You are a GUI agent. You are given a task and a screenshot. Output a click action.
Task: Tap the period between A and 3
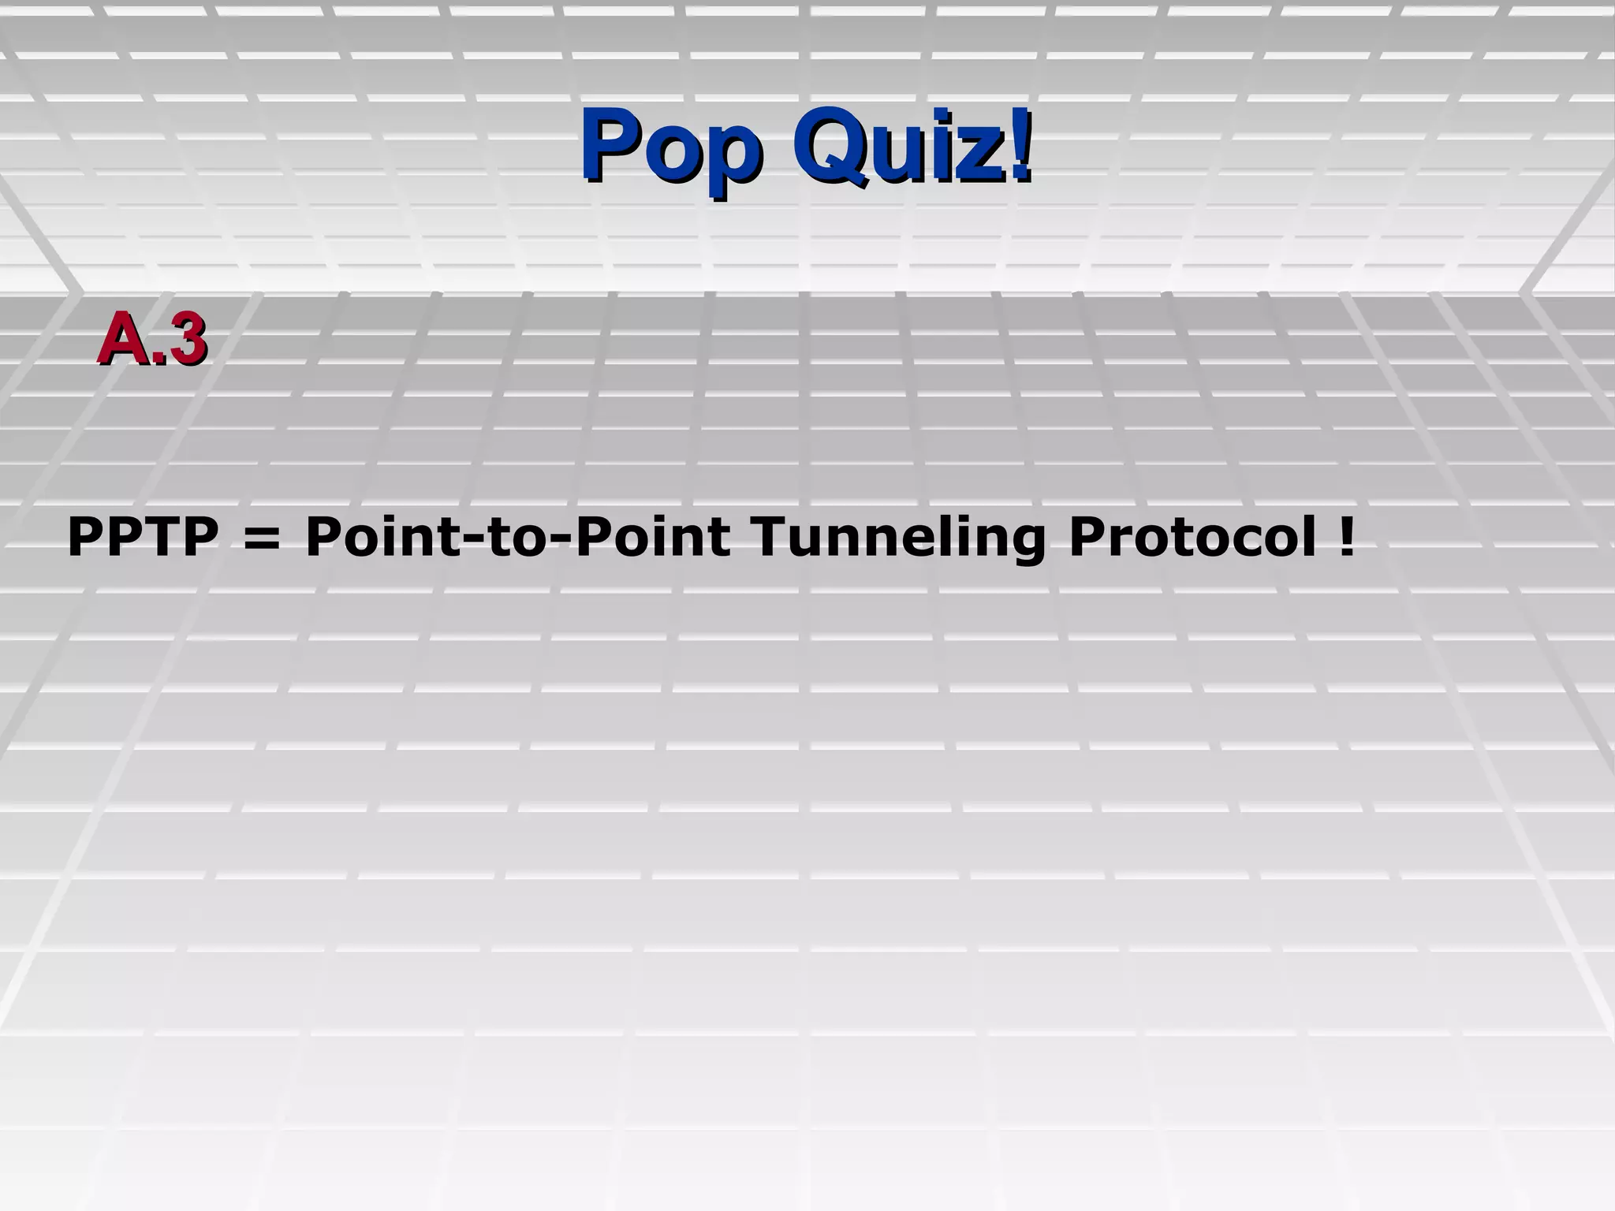pos(158,360)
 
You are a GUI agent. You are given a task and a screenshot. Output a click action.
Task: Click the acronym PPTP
pos(143,537)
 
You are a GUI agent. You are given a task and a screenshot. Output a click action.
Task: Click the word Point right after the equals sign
pos(382,537)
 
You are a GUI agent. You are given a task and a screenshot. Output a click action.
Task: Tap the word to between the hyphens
pos(516,538)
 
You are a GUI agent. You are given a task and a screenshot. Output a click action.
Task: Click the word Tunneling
pos(898,538)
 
